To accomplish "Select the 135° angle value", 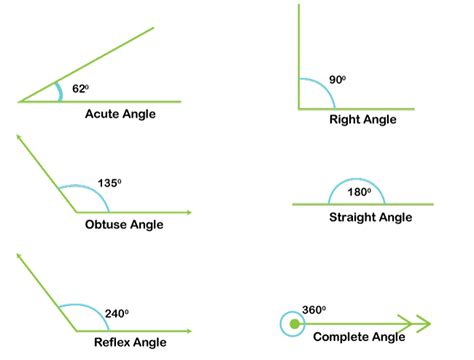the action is (110, 183).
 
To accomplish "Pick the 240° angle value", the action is (117, 314).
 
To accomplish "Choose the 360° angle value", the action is (315, 310).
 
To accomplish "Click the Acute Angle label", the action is (120, 114).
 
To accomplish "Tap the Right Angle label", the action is (362, 119).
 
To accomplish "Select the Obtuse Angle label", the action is (124, 225).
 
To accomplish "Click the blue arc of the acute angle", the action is (60, 91).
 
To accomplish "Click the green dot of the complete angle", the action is (293, 324).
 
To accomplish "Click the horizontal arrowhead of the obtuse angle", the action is (187, 212).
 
